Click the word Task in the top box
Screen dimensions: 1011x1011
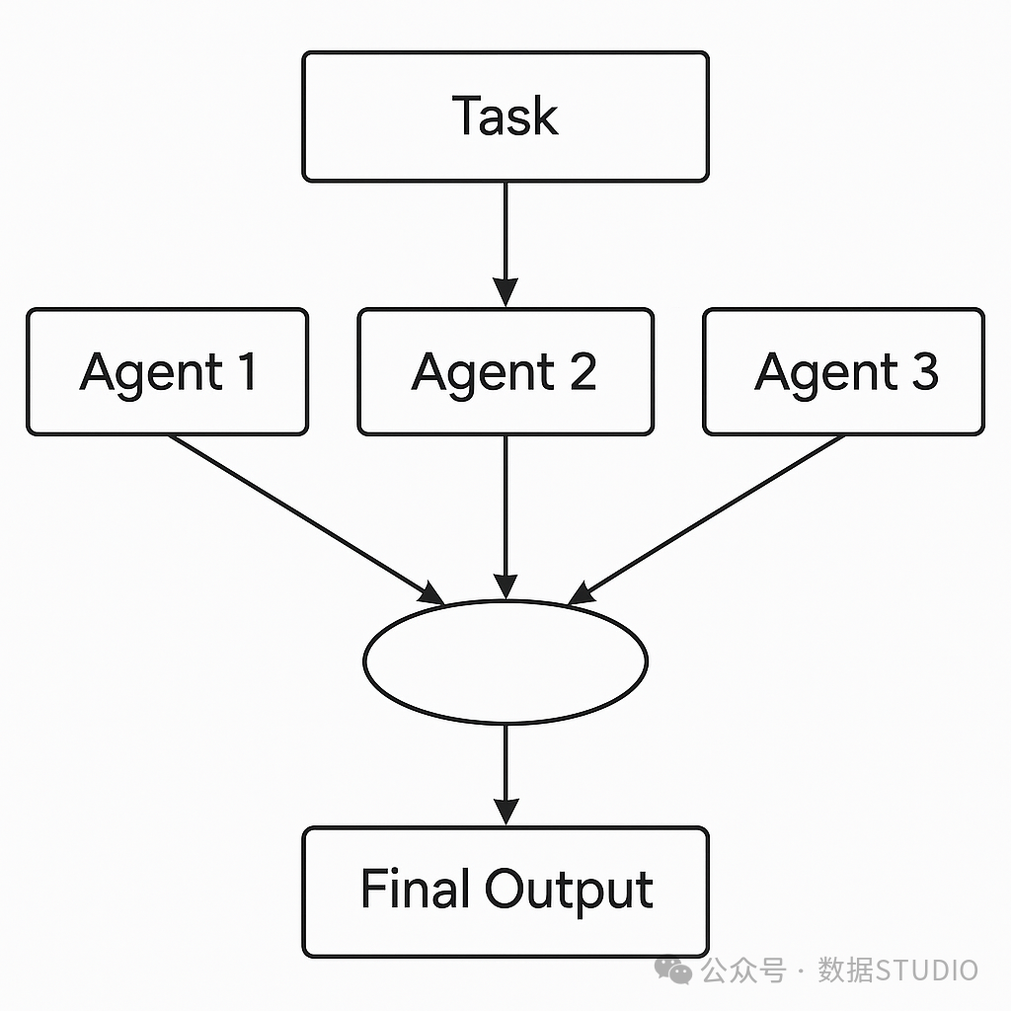(x=505, y=117)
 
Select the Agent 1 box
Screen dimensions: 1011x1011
(x=168, y=372)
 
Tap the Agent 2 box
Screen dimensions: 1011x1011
(x=505, y=372)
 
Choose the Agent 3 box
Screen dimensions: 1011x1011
(x=843, y=372)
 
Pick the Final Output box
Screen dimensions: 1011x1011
(x=505, y=892)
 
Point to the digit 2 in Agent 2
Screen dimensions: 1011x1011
(x=583, y=371)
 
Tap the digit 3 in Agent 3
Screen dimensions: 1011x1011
(x=925, y=371)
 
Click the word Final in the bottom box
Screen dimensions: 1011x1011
(x=414, y=888)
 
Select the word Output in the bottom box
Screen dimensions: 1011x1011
(x=570, y=892)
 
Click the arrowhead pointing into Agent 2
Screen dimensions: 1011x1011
(x=505, y=292)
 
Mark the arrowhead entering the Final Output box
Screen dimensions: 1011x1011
(x=506, y=812)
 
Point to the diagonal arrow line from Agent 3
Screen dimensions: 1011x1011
(x=706, y=520)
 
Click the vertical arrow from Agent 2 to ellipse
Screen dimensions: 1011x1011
(x=505, y=518)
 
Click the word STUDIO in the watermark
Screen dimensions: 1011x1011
(x=926, y=971)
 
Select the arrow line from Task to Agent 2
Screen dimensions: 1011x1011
(x=505, y=245)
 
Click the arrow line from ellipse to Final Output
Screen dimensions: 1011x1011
(x=506, y=775)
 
